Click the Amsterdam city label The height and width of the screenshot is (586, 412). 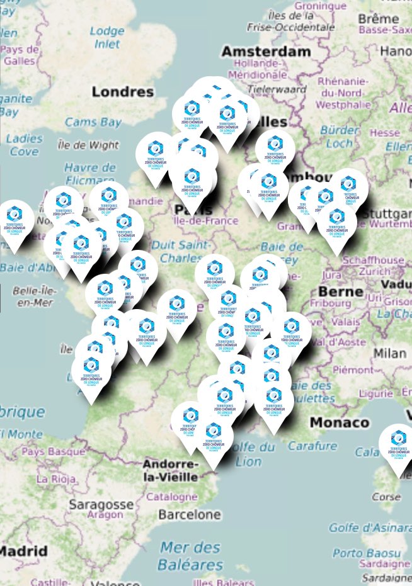(265, 51)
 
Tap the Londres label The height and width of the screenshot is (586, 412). (122, 92)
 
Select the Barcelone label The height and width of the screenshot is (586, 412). (190, 514)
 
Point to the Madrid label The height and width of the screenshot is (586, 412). (23, 551)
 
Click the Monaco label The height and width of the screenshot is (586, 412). (339, 422)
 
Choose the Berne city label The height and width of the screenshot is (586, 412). (340, 291)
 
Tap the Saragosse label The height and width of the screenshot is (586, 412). (101, 504)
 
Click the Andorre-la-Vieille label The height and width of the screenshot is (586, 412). (171, 471)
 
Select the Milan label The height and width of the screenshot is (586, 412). (389, 353)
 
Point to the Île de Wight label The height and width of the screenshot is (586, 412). (88, 145)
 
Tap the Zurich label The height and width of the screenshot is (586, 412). (377, 271)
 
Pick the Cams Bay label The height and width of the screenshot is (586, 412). (93, 122)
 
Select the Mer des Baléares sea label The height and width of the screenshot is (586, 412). (190, 556)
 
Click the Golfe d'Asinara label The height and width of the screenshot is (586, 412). (370, 527)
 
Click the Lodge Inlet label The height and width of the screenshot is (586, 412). (107, 37)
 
